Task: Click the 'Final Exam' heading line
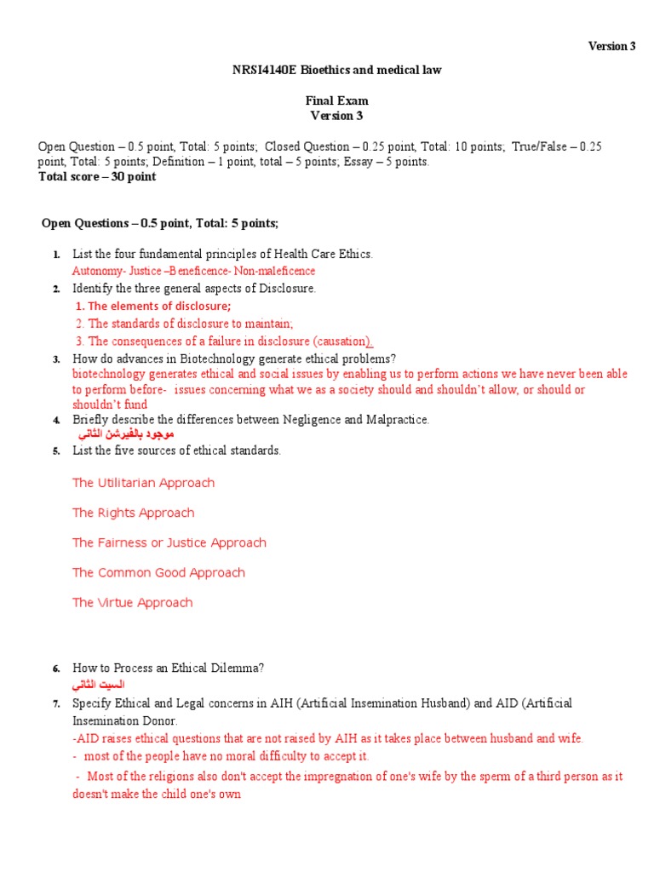click(x=337, y=100)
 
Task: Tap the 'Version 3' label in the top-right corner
click(x=611, y=46)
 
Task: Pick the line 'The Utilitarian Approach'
click(x=143, y=483)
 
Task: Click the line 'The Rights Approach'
click(x=133, y=513)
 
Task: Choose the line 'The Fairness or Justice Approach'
click(x=169, y=542)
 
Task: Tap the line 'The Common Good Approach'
click(x=158, y=572)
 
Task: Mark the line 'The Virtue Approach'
click(x=132, y=602)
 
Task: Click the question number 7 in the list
click(x=55, y=703)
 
